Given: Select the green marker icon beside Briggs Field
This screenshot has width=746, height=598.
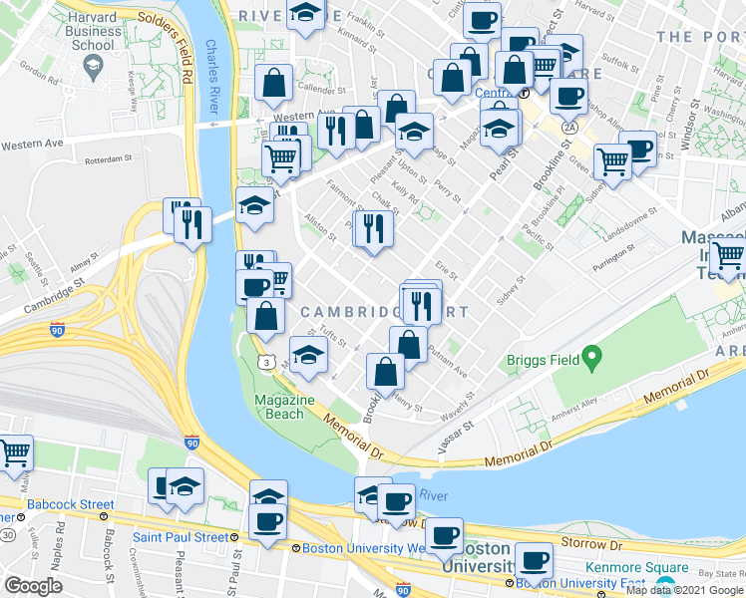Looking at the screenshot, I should point(591,356).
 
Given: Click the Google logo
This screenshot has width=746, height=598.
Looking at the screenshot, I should point(34,586).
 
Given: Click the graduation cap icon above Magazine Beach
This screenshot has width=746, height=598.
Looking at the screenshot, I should point(308,357).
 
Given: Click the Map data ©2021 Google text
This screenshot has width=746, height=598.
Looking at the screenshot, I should point(684,590).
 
